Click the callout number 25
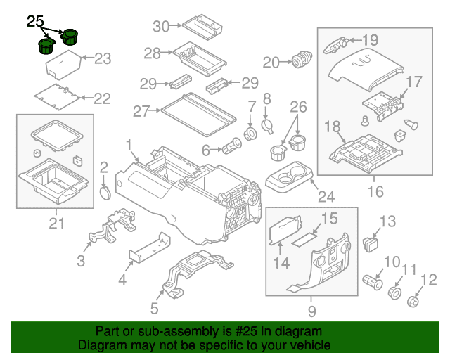click(x=36, y=22)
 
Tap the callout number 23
click(x=103, y=58)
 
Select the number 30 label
click(x=162, y=27)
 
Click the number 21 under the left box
click(x=56, y=224)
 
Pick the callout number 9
click(x=311, y=311)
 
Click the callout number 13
click(x=388, y=222)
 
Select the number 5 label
click(x=154, y=308)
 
